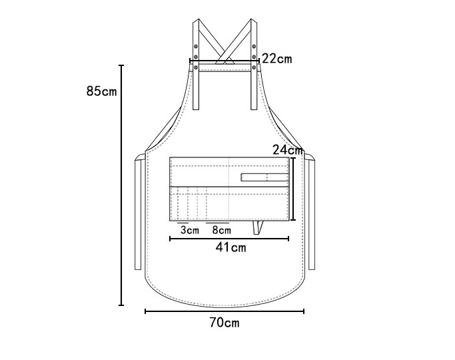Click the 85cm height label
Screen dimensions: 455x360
(101, 91)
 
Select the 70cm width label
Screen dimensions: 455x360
(225, 323)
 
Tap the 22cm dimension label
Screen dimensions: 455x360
(277, 59)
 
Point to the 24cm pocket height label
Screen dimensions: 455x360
(288, 150)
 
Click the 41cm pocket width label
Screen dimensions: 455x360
(230, 247)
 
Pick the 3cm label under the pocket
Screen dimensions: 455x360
(190, 230)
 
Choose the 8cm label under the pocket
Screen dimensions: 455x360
(222, 230)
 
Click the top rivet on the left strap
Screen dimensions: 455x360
(196, 46)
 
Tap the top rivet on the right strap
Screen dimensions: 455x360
(254, 46)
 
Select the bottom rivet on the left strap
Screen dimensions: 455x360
(196, 67)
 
